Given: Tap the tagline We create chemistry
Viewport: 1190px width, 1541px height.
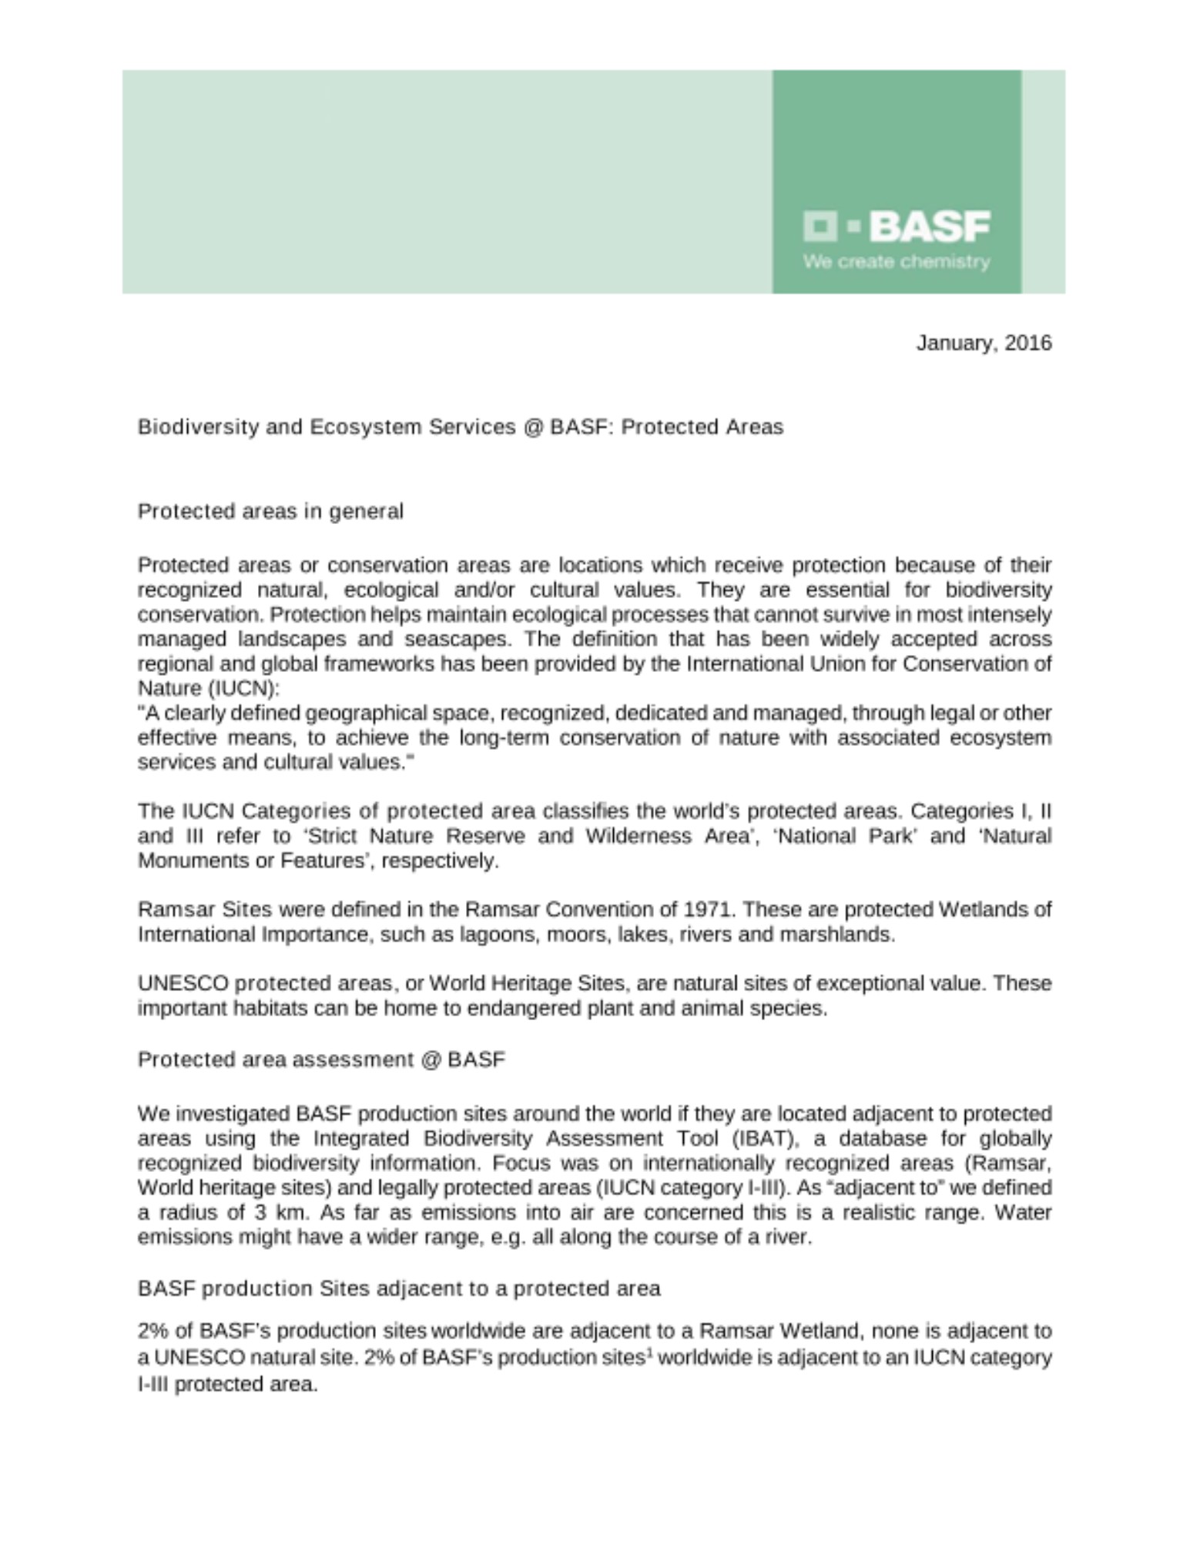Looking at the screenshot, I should [x=896, y=262].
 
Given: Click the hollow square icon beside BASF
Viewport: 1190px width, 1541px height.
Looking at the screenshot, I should [x=820, y=227].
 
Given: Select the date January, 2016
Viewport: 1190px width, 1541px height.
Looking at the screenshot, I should [x=983, y=343].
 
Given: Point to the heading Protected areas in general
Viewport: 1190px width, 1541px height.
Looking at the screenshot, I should [x=270, y=512].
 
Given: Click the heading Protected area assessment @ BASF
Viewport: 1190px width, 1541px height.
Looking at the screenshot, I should [x=321, y=1060].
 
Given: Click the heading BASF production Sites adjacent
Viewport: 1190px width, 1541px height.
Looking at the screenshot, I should [x=399, y=1289].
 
